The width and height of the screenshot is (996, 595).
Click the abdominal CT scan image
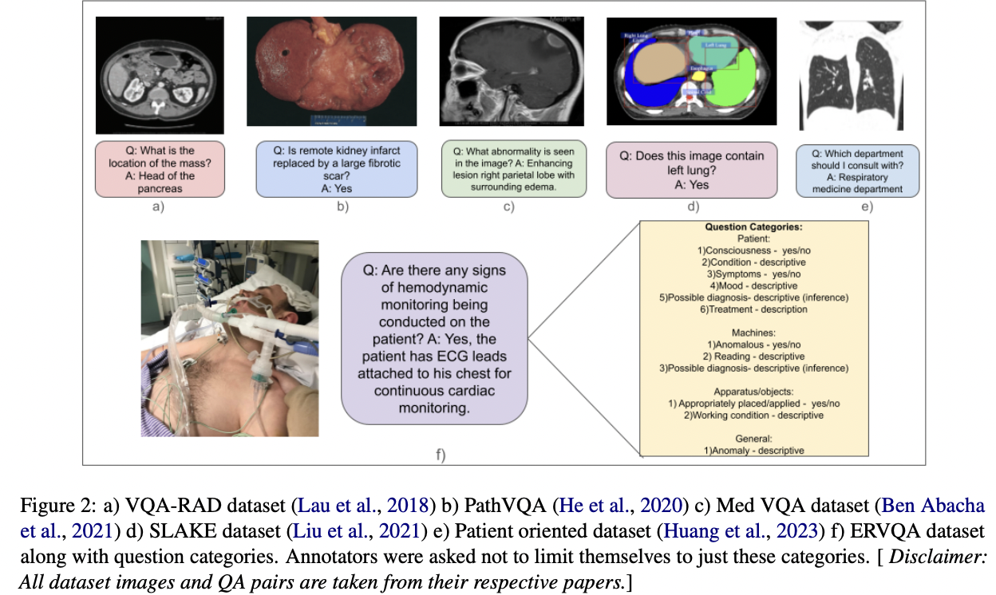click(x=160, y=76)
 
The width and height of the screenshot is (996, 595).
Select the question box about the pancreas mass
click(x=160, y=169)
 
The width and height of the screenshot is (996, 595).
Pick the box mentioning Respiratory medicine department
click(x=857, y=170)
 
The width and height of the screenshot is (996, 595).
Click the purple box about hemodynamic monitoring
click(x=434, y=338)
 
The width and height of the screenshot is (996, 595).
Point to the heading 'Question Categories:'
click(x=753, y=227)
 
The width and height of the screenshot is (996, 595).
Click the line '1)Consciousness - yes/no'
click(x=753, y=250)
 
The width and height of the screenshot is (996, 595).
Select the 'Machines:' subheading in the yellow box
click(x=753, y=332)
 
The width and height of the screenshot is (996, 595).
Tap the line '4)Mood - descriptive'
click(x=753, y=285)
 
